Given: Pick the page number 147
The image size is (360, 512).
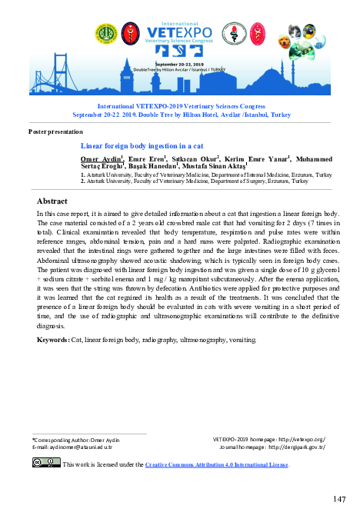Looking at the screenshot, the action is [x=339, y=500].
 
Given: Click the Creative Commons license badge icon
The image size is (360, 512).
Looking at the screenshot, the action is [x=45, y=462].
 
